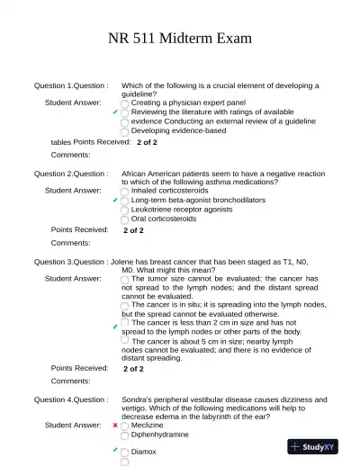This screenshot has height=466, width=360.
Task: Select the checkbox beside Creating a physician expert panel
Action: click(125, 103)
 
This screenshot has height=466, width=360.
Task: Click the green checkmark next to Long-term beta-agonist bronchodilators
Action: click(115, 200)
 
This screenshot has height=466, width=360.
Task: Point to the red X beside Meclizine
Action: click(115, 425)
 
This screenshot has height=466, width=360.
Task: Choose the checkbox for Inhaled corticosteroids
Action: click(125, 191)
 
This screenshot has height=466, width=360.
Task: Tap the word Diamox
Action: click(144, 452)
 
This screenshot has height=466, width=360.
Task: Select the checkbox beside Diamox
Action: click(125, 452)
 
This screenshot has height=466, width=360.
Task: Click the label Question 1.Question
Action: click(71, 85)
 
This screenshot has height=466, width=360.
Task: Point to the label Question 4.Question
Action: click(71, 399)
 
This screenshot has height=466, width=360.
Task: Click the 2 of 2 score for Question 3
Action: click(133, 368)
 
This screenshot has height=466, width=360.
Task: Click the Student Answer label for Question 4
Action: click(73, 425)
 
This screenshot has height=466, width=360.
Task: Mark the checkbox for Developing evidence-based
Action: click(125, 130)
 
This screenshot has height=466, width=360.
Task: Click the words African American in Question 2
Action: click(152, 173)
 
